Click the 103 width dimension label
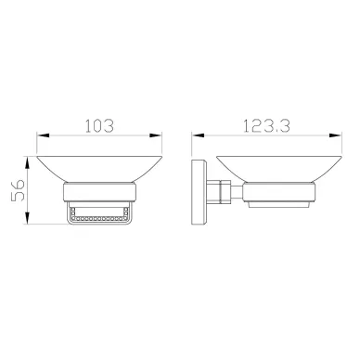(x=99, y=126)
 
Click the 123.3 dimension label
(x=266, y=126)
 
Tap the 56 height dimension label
(x=18, y=190)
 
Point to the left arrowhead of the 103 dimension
(x=43, y=135)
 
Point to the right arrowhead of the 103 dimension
(x=156, y=135)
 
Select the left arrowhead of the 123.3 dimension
(x=199, y=135)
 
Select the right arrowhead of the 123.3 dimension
(x=336, y=135)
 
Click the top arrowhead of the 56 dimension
(x=28, y=162)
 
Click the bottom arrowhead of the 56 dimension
(x=28, y=218)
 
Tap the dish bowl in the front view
(x=99, y=169)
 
